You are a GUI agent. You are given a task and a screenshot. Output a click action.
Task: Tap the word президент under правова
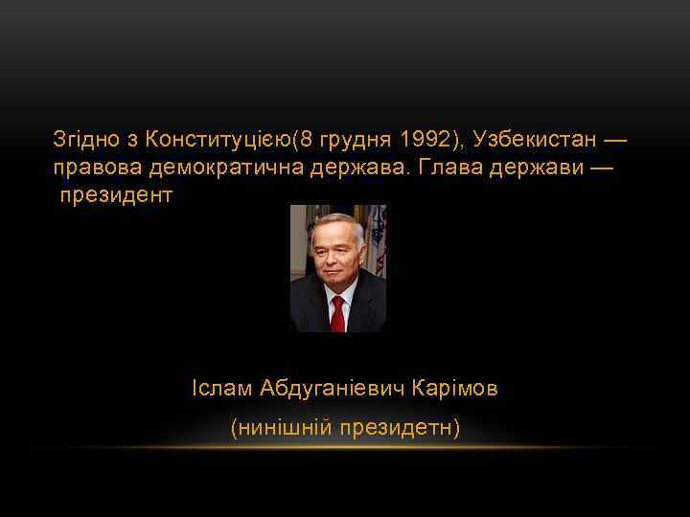117,196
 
